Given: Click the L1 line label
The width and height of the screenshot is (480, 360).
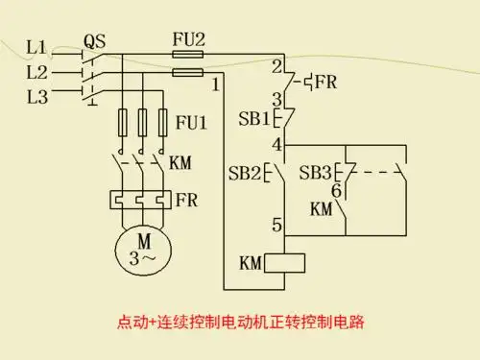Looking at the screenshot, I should pos(36,46).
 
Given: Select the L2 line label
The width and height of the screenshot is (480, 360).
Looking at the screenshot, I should pos(36,72).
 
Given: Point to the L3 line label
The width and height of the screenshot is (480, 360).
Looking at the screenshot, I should pos(36,97).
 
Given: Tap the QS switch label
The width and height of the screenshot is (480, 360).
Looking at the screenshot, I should pos(94,41).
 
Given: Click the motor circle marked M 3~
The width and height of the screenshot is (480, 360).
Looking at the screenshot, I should pos(141,249).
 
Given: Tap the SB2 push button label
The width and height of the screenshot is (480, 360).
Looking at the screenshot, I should pos(244,174).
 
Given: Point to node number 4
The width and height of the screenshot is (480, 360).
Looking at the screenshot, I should pos(276,145).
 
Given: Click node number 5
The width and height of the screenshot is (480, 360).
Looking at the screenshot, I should pos(276,226).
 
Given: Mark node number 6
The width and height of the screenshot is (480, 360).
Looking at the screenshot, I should pos(336,190).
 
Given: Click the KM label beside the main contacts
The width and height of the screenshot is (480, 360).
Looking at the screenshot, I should pos(180,163).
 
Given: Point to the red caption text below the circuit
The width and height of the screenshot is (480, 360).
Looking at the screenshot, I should pos(240,321).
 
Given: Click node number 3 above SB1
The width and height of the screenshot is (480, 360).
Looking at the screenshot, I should pos(276,99).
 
